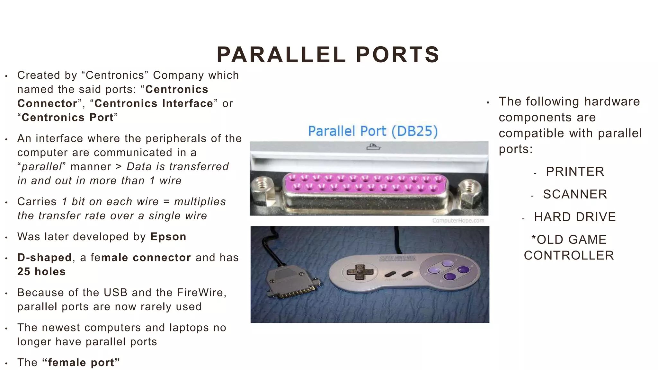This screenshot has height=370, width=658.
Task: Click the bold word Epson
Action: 168,237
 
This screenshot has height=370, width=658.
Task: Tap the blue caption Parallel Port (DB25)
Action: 373,131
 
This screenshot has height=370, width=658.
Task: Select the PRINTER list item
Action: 575,172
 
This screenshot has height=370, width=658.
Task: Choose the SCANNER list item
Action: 575,194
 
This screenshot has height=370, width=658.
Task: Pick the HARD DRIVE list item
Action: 575,217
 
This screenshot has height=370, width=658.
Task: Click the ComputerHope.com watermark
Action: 458,220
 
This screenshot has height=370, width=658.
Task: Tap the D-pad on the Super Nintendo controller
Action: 360,272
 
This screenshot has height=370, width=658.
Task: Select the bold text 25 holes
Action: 41,272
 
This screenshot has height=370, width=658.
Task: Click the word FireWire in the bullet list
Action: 201,293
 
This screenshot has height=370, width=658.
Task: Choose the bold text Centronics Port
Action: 67,118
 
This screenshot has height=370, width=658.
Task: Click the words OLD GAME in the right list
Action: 569,240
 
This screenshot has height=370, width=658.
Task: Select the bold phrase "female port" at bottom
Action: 81,363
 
